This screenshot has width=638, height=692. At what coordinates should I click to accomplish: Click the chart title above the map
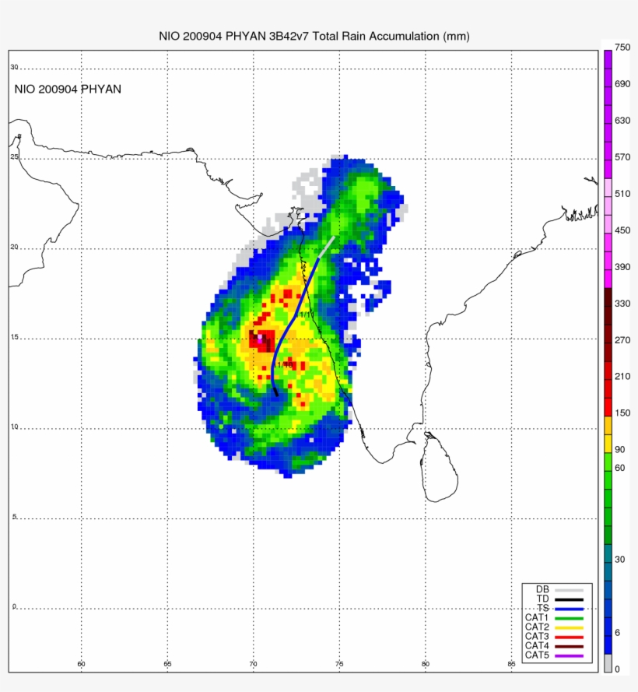coord(314,37)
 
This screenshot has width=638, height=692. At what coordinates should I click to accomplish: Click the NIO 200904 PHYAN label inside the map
coord(68,90)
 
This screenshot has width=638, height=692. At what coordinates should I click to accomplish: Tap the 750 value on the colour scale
coord(622,47)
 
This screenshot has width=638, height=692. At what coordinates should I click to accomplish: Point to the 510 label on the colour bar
coord(622,194)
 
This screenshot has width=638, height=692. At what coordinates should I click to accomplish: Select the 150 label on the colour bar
coord(622,413)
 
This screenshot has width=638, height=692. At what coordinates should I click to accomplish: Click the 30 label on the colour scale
coord(620,559)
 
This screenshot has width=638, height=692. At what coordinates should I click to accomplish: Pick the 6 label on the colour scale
coord(618,632)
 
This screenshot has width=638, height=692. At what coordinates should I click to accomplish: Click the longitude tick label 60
coord(81,664)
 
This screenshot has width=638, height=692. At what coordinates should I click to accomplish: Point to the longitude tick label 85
coord(511,664)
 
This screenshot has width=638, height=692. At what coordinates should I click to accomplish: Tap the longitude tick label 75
coord(339,664)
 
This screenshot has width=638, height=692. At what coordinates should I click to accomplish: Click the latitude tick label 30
coord(14,68)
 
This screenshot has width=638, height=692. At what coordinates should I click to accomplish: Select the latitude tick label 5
coord(14,517)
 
